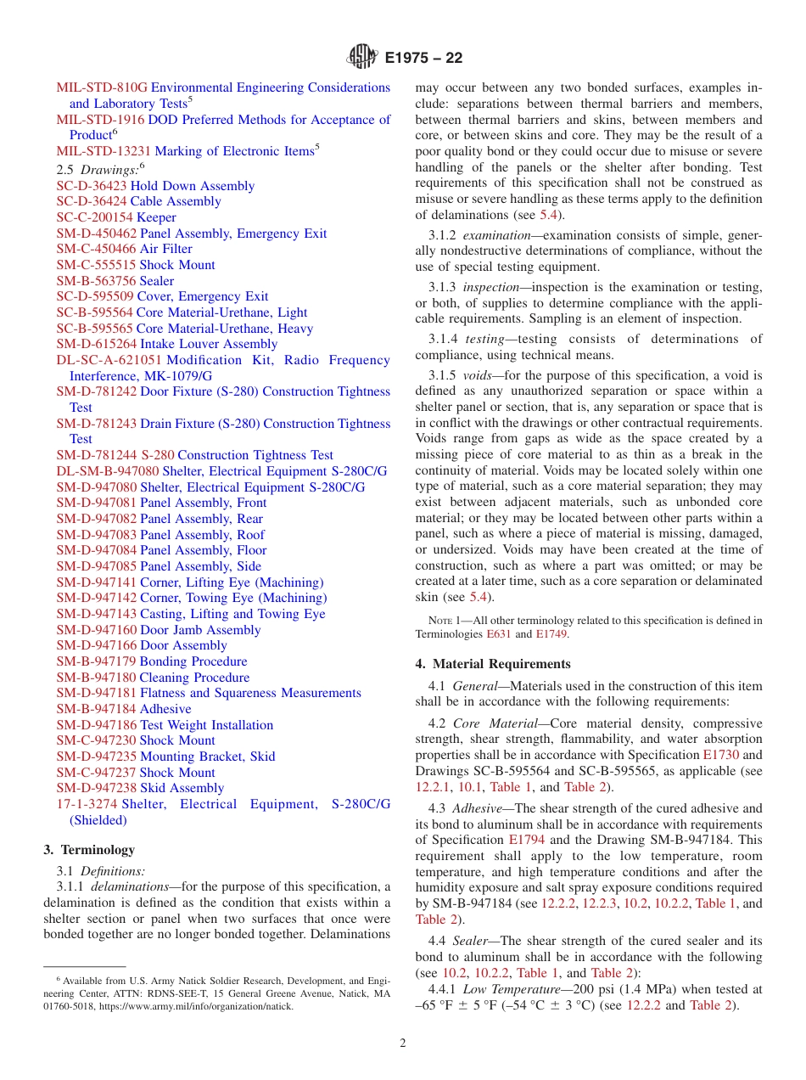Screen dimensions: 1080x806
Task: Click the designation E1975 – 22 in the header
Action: [423, 59]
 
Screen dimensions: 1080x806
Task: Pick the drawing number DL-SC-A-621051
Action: [109, 360]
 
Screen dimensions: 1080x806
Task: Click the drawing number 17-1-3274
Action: [87, 804]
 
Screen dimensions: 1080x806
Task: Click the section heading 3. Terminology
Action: [89, 850]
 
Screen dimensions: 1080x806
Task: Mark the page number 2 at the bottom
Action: [403, 1043]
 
